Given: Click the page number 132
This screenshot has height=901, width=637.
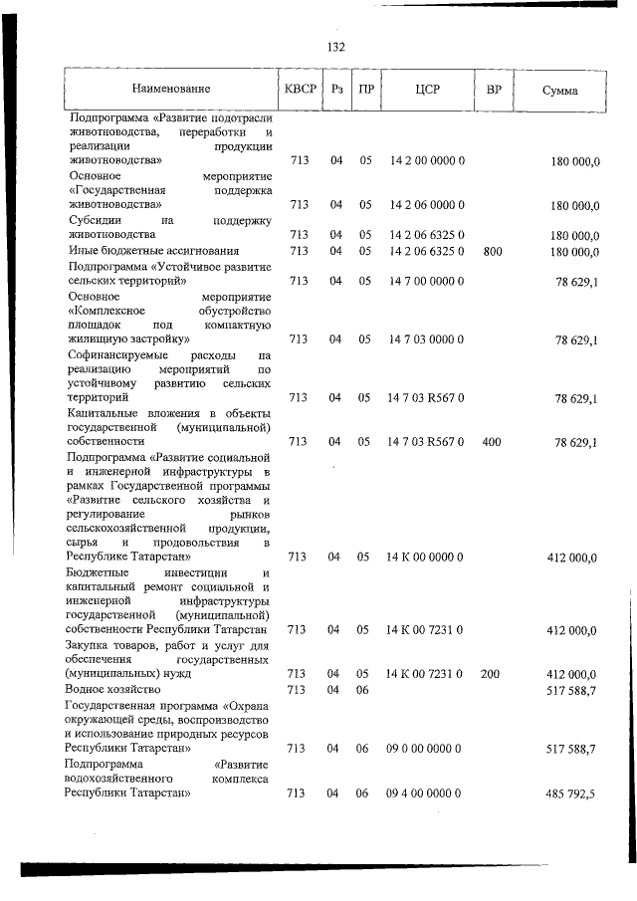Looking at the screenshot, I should click(335, 47).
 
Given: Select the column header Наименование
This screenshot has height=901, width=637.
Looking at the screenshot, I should click(170, 90).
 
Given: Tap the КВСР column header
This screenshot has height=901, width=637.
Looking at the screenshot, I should click(301, 90).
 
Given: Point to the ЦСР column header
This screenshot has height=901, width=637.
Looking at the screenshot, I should click(427, 90).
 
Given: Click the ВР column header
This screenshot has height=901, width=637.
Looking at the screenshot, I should click(493, 90).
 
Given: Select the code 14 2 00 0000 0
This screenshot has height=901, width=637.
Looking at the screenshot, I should click(425, 160).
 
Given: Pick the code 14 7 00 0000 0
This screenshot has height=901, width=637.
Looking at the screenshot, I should click(425, 282).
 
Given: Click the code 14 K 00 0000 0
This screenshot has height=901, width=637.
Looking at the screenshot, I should click(425, 558).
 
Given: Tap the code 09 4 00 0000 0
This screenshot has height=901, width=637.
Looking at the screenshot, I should click(425, 793).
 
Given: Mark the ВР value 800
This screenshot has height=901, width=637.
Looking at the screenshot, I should click(492, 251).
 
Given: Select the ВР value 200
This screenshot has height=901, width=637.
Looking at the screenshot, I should click(491, 674).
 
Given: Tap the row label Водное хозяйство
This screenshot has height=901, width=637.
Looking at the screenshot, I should click(112, 689).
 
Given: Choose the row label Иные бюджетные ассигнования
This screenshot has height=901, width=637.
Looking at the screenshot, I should click(154, 251).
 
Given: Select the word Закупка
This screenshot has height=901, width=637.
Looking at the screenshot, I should click(93, 644).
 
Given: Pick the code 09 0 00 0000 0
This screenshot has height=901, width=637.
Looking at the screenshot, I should click(425, 748).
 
